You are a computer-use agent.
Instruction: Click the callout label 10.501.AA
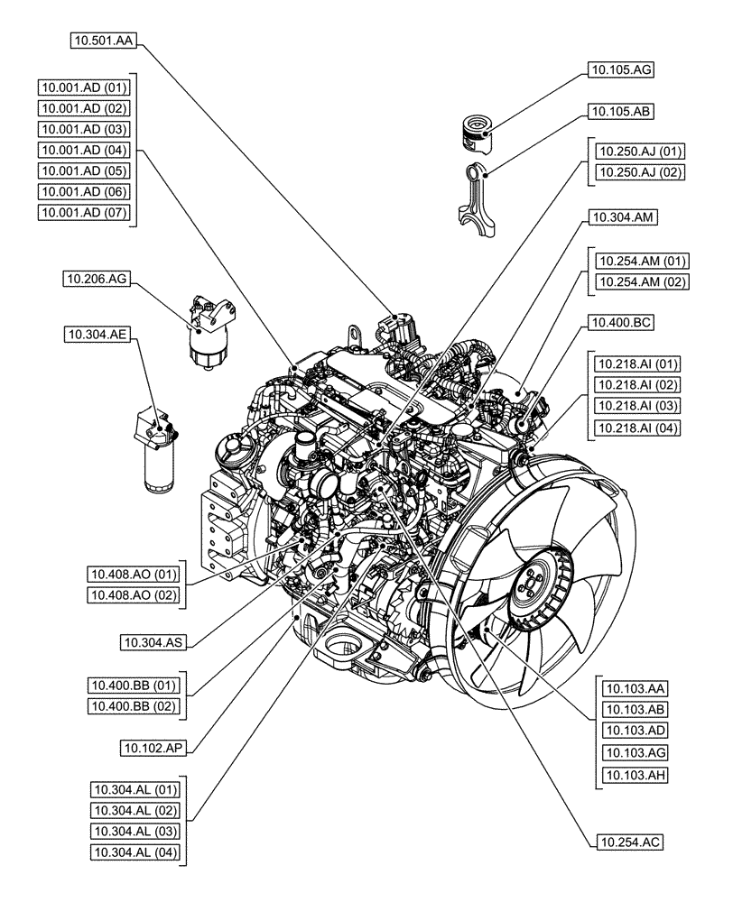click(x=102, y=41)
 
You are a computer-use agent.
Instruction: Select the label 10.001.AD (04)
click(x=84, y=150)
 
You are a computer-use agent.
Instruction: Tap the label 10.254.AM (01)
click(x=640, y=261)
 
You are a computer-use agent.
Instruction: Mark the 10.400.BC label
click(x=620, y=322)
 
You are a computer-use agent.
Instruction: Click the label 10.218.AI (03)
click(x=636, y=405)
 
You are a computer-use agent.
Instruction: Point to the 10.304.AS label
click(x=154, y=643)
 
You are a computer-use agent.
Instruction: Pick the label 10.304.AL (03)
click(x=135, y=831)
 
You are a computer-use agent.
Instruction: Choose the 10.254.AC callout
click(x=629, y=842)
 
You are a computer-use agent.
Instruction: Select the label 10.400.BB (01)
click(x=135, y=685)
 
